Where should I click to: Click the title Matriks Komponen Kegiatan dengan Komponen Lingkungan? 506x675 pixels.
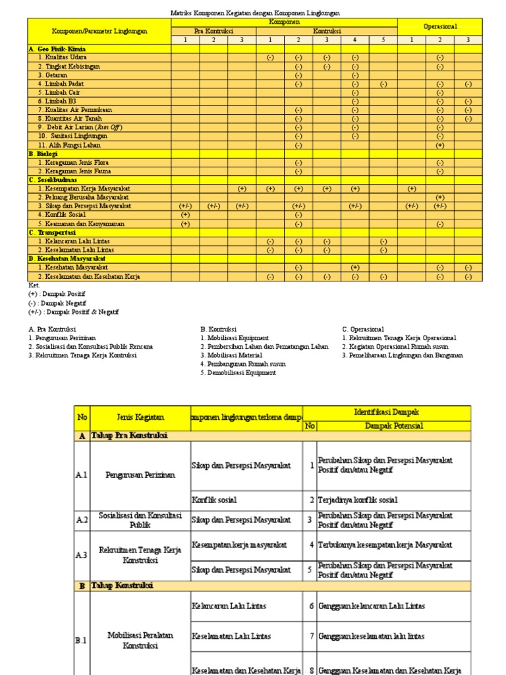coord(256,13)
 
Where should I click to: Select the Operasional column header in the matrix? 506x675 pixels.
coord(439,26)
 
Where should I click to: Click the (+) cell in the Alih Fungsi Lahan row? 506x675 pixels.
coord(439,145)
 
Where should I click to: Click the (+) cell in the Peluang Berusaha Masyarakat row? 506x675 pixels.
coord(439,197)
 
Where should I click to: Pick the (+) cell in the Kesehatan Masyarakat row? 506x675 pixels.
coord(354,268)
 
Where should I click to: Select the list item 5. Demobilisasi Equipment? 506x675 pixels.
coord(238,372)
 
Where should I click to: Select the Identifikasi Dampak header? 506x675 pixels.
coord(387,412)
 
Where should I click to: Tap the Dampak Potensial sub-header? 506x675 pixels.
coord(393,426)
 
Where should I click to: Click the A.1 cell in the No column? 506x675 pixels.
coord(82,475)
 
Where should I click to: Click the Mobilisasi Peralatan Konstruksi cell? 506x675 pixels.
coord(140,640)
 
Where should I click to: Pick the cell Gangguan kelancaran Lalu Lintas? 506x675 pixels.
coord(372,606)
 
